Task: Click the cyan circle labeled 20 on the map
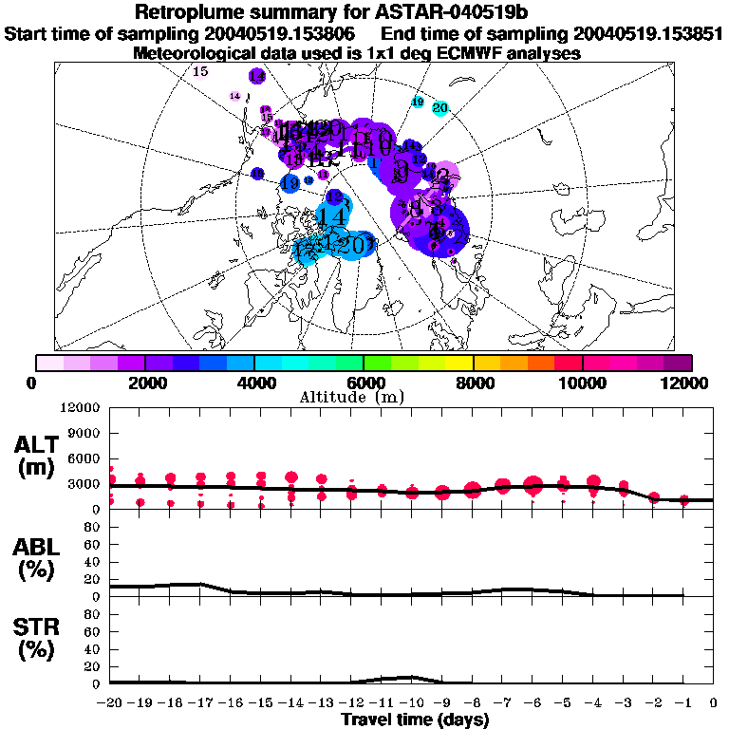439,108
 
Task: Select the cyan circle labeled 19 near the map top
417,102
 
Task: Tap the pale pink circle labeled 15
200,71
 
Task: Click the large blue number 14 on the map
331,216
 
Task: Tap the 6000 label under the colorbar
364,383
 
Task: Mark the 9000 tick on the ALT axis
85,432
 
